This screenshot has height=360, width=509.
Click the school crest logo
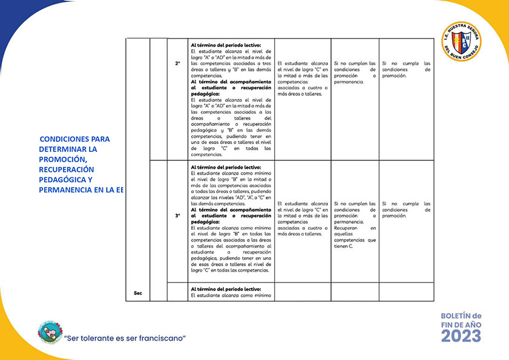tap(462, 41)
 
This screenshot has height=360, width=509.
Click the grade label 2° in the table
tap(178, 63)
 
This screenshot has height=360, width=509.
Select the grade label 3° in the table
tap(178, 215)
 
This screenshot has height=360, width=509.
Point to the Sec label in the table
tap(137, 293)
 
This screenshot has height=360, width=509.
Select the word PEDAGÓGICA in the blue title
tap(61, 180)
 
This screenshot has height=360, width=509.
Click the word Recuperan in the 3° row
tap(347, 227)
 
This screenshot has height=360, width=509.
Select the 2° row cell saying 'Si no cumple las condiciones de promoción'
tap(406, 69)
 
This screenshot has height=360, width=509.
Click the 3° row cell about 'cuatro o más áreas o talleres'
tap(303, 218)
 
